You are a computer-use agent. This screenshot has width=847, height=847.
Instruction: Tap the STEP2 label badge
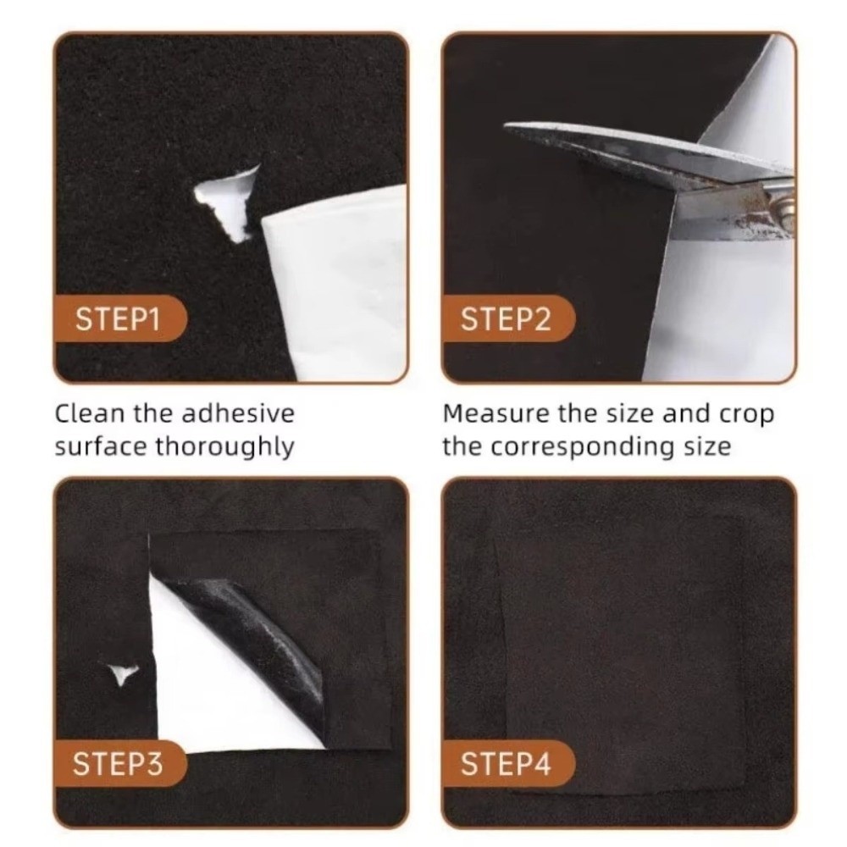(x=507, y=318)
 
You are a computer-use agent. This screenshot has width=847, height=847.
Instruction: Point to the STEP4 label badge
(x=507, y=764)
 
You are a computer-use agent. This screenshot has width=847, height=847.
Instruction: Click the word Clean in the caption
(x=90, y=414)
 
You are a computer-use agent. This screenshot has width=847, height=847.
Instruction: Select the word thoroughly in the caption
(x=224, y=447)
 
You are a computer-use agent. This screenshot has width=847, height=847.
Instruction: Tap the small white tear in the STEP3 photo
(x=123, y=673)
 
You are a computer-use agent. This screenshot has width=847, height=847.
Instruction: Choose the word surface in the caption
(x=101, y=447)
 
